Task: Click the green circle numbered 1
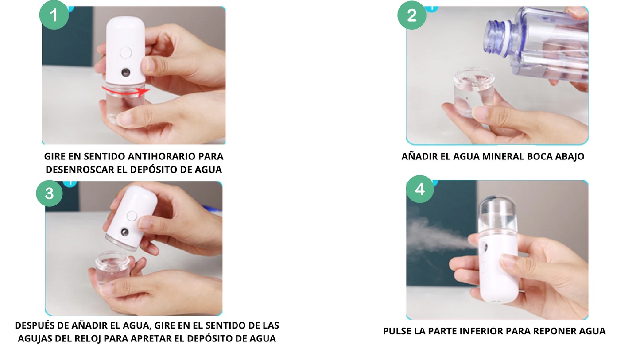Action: click(x=54, y=15)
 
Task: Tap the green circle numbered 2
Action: click(x=411, y=15)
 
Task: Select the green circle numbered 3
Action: click(x=50, y=193)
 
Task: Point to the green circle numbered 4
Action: click(x=419, y=189)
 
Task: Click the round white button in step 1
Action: click(x=126, y=53)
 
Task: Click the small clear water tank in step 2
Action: click(x=473, y=91)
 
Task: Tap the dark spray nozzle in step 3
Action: click(x=125, y=232)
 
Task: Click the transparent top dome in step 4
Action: click(x=498, y=213)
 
